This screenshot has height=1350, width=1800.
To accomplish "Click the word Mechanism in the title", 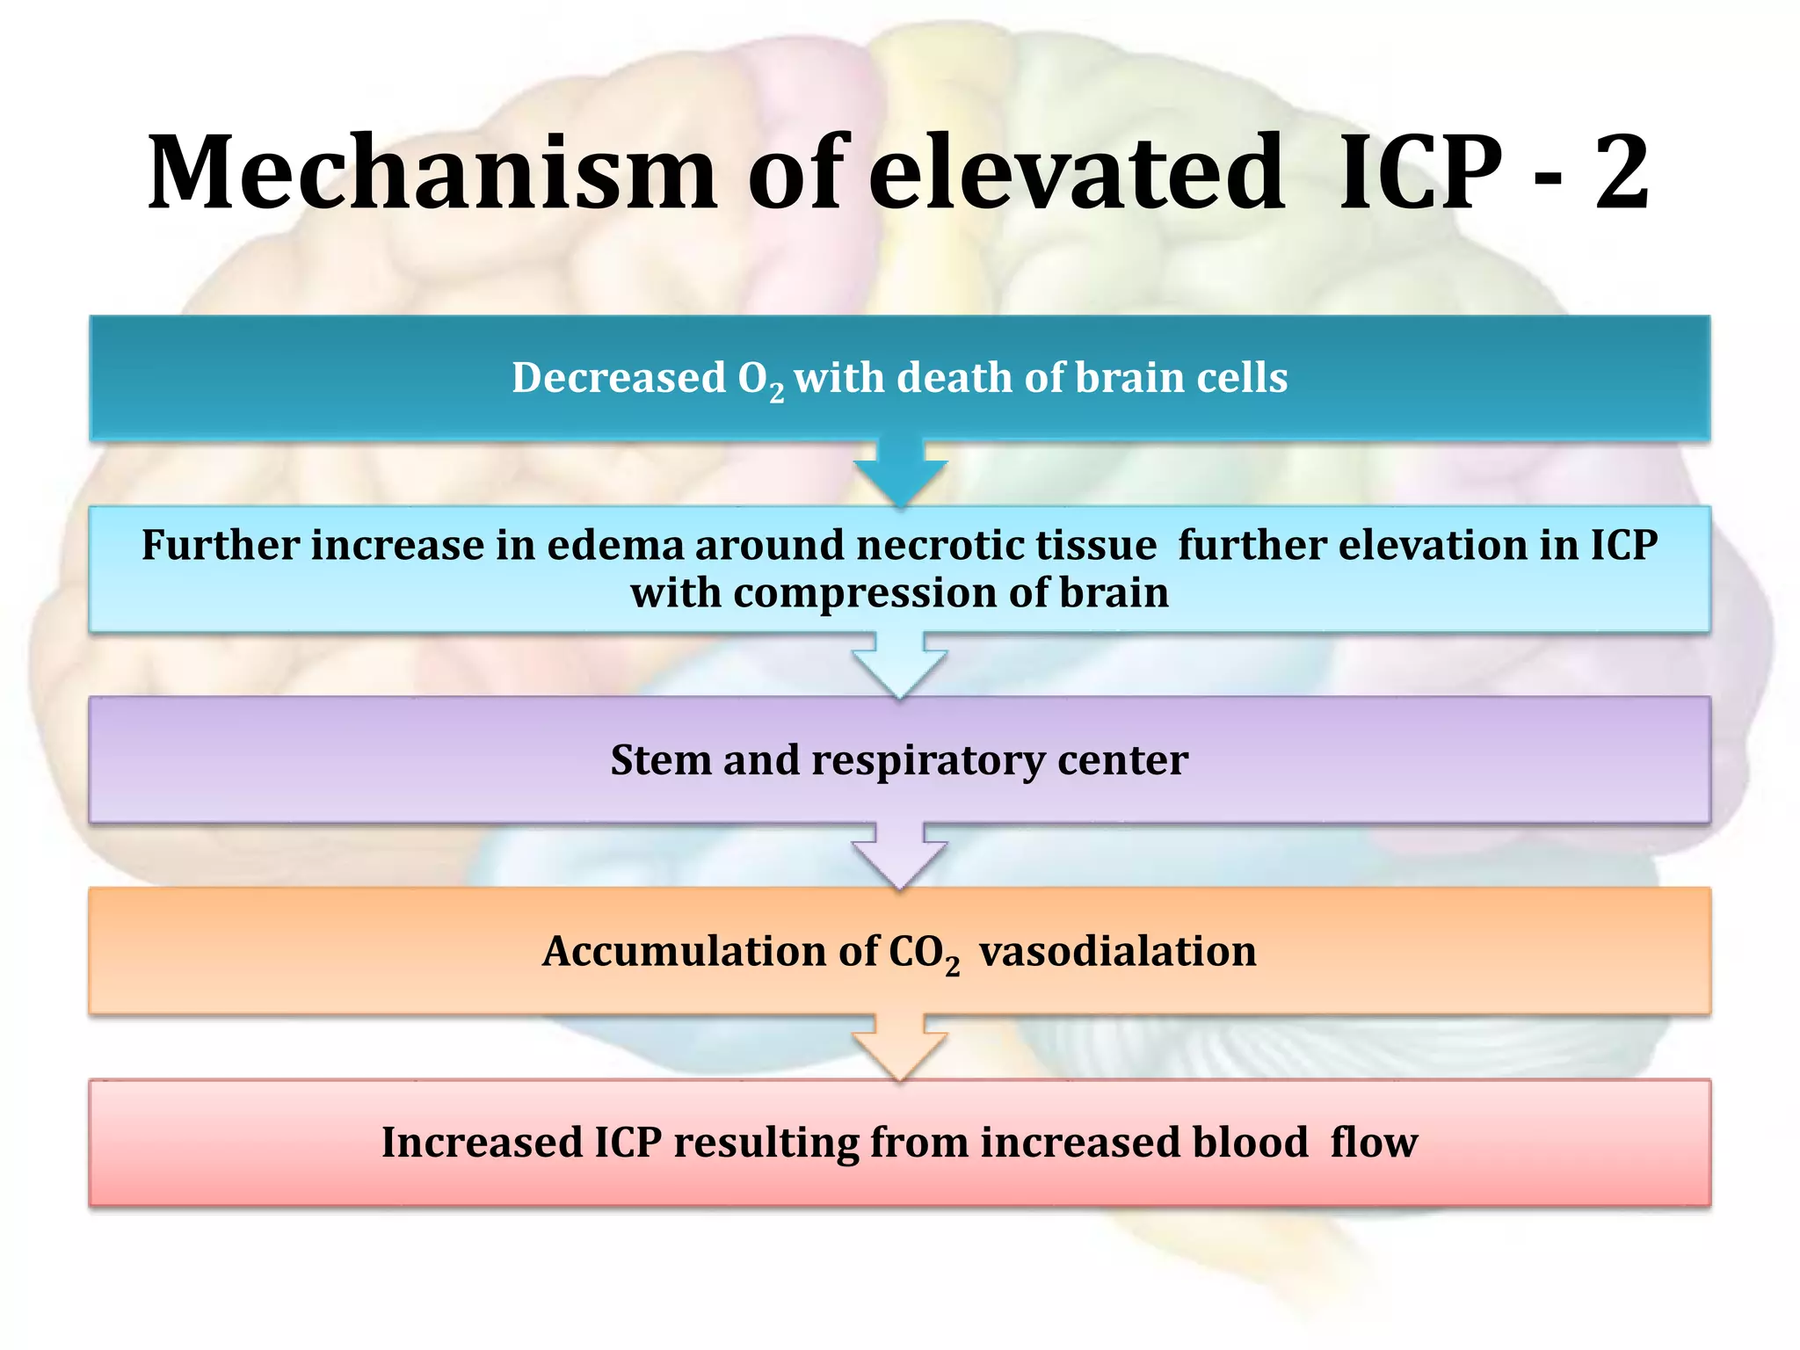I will (x=432, y=173).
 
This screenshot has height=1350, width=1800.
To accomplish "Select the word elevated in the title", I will (x=1077, y=173).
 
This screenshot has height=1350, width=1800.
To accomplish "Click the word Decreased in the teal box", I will (x=619, y=378).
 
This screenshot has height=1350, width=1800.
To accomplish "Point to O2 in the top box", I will (x=760, y=381).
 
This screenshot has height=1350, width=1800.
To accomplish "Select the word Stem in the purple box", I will (x=661, y=760).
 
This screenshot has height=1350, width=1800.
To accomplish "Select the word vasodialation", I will (x=1117, y=952).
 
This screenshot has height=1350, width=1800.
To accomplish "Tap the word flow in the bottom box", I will (x=1374, y=1143).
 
